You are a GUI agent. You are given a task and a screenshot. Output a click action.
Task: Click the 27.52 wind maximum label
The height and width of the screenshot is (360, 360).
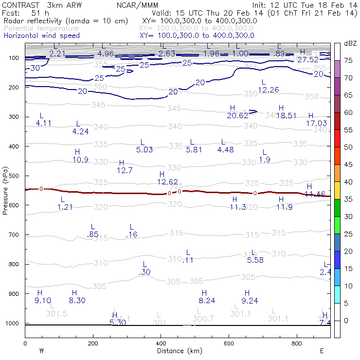pyautogui.click(x=307, y=59)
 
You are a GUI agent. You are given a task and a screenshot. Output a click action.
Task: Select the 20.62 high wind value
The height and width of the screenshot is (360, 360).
pyautogui.click(x=237, y=115)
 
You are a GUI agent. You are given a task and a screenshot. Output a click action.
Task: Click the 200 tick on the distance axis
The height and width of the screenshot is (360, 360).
pyautogui.click(x=93, y=343)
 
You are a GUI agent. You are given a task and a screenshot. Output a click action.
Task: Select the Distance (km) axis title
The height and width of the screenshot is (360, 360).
pyautogui.click(x=178, y=351)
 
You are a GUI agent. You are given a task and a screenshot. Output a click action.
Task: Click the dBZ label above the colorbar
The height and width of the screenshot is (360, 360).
pyautogui.click(x=349, y=43)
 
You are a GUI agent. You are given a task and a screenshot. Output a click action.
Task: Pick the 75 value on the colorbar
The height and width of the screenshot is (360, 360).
pyautogui.click(x=348, y=60)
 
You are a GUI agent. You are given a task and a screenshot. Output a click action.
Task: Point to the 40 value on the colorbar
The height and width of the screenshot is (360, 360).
pyautogui.click(x=348, y=182)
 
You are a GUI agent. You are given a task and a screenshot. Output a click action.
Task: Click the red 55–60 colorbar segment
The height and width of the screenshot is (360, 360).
pyautogui.click(x=337, y=122)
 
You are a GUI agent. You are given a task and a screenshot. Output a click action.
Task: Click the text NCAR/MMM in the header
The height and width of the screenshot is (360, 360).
pyautogui.click(x=137, y=4)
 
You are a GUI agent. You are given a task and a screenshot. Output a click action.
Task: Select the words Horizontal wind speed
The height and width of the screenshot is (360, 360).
pyautogui.click(x=41, y=36)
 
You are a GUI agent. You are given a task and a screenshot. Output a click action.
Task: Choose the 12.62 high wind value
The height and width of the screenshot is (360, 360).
pyautogui.click(x=167, y=181)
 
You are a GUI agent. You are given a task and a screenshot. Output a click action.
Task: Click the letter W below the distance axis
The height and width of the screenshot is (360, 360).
pyautogui.click(x=41, y=351)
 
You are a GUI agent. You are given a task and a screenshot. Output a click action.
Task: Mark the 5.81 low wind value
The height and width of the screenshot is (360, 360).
pyautogui.click(x=194, y=149)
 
